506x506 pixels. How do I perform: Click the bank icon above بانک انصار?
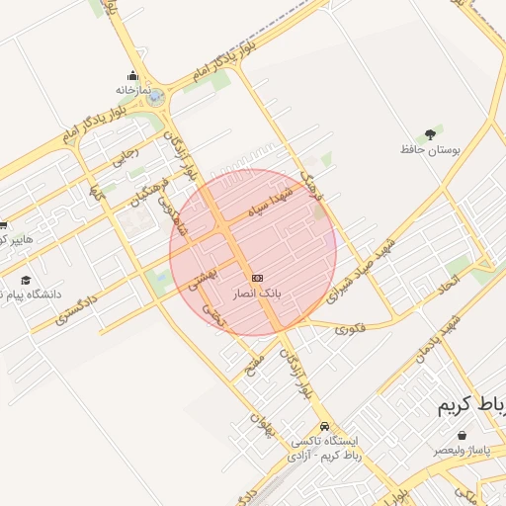(257, 279)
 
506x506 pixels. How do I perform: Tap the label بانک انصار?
(257, 295)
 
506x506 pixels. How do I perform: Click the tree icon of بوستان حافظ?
(430, 133)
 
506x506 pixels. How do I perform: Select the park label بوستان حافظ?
(431, 149)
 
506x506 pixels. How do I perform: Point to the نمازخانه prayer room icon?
(133, 75)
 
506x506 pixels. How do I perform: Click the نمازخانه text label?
(132, 90)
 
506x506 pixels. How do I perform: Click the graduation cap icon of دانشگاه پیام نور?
(26, 280)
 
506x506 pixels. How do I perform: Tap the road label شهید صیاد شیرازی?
(364, 267)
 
